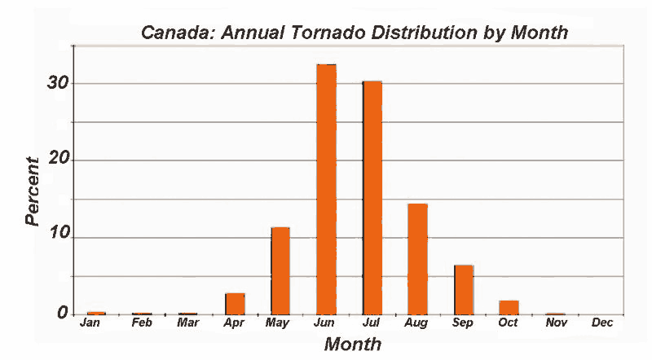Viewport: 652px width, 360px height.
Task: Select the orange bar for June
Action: coord(327,190)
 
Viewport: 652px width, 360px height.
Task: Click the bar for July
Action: coord(372,198)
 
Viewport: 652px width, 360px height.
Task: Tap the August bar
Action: coord(417,259)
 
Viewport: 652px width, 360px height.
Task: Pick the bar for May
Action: coord(280,271)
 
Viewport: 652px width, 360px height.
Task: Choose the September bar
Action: coord(464,290)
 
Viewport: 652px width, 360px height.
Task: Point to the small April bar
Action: coord(235,304)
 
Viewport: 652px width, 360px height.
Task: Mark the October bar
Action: coord(509,308)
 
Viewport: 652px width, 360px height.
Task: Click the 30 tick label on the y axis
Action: coord(58,83)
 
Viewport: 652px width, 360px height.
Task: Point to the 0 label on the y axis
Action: coord(63,313)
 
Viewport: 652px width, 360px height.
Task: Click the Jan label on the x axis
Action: coord(90,323)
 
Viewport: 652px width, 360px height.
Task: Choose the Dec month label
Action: coord(602,323)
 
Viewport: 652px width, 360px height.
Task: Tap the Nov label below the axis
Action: coord(557,323)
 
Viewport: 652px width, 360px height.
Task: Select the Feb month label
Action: coord(142,323)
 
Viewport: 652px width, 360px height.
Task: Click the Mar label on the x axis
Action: coord(188,323)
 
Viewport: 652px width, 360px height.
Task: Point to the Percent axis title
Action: coord(32,191)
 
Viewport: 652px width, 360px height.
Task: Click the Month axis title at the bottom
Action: coord(353,345)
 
